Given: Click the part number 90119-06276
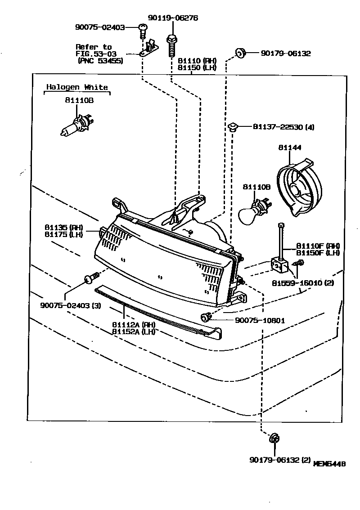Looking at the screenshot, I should click(173, 18).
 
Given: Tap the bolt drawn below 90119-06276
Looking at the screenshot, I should click(171, 44).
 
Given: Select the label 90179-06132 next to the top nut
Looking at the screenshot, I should click(285, 53).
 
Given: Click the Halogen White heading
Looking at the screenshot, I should click(77, 87).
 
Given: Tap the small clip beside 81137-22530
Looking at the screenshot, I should click(232, 126).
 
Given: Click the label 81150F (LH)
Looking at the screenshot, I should click(318, 253).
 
